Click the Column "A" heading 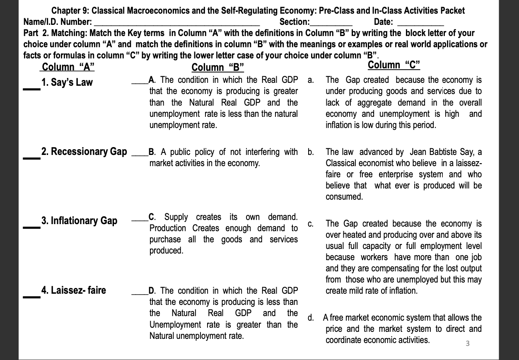click(x=68, y=67)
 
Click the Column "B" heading click(x=218, y=68)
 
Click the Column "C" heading click(x=394, y=65)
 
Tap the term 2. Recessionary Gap click(x=84, y=152)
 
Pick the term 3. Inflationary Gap click(x=79, y=221)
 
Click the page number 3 click(x=467, y=343)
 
